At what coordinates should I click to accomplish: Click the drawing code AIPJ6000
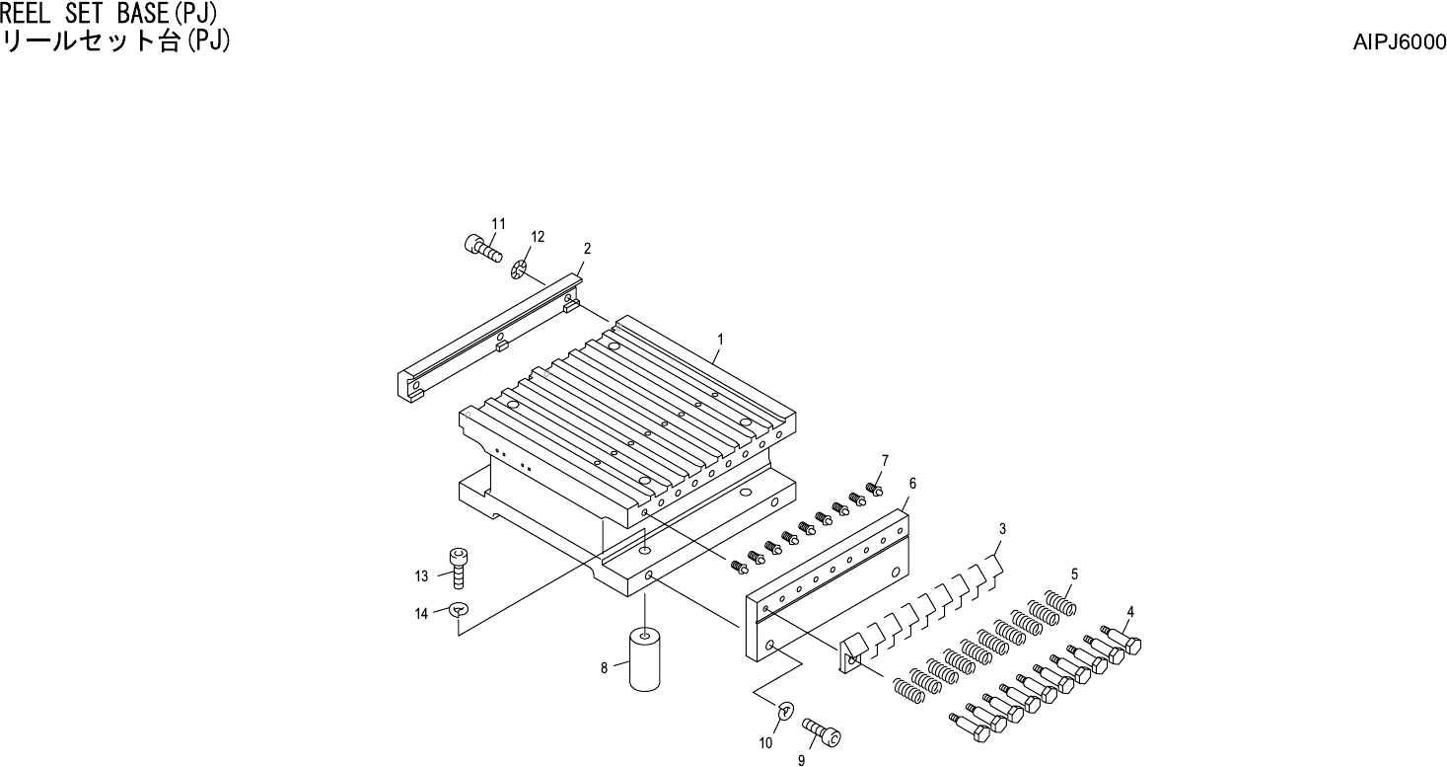[1400, 42]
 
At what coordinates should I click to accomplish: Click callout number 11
[498, 223]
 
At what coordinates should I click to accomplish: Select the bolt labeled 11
[479, 245]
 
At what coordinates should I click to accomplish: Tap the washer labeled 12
[522, 268]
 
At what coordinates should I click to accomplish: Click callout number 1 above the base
[720, 339]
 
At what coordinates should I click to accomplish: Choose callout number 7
[885, 460]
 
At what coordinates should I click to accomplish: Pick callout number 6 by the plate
[912, 483]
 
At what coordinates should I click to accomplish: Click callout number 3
[1002, 529]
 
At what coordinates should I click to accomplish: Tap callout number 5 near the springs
[1074, 574]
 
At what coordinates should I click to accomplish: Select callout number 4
[1130, 611]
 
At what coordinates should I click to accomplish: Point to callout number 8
[604, 668]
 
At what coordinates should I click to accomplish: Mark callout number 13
[421, 575]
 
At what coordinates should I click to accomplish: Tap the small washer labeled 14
[459, 610]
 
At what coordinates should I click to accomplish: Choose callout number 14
[421, 614]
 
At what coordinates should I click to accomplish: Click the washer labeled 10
[786, 710]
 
